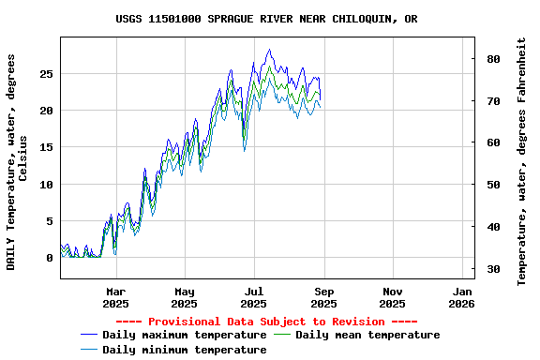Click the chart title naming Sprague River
pyautogui.click(x=267, y=19)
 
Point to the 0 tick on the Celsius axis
pyautogui.click(x=50, y=258)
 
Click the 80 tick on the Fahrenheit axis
pyautogui.click(x=493, y=59)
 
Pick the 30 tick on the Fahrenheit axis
pyautogui.click(x=493, y=270)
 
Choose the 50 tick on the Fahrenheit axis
pyautogui.click(x=493, y=186)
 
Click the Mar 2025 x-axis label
pyautogui.click(x=115, y=297)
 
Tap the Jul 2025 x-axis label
pyautogui.click(x=254, y=297)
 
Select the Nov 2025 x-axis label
pyautogui.click(x=393, y=297)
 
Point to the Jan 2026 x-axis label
pyautogui.click(x=461, y=297)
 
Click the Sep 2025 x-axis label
pyautogui.click(x=323, y=297)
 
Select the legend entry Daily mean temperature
pyautogui.click(x=367, y=335)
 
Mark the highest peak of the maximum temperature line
pyautogui.click(x=269, y=50)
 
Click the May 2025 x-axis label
pyautogui.click(x=185, y=297)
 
